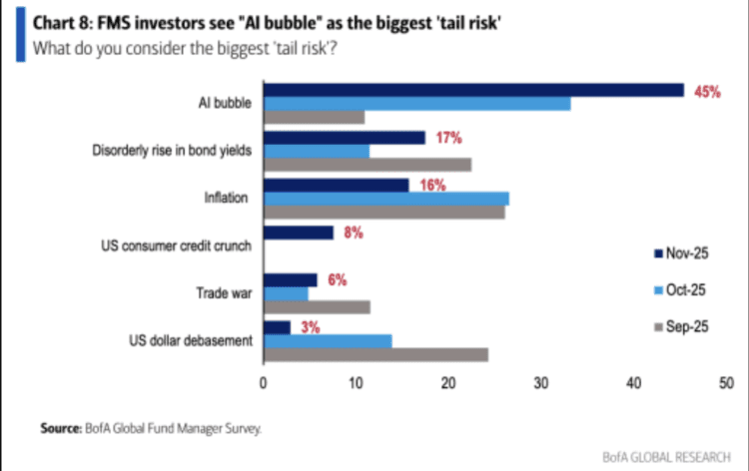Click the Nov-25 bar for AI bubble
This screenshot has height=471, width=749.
tap(472, 90)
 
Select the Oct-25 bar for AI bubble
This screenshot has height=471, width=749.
tap(415, 104)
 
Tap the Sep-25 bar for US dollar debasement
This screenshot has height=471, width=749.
tap(374, 354)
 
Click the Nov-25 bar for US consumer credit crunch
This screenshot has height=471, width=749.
tap(298, 233)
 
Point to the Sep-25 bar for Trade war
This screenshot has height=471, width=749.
tap(316, 307)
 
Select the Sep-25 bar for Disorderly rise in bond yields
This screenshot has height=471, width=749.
tap(367, 165)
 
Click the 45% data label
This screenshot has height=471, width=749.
tap(707, 91)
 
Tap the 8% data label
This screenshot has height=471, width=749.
tap(354, 233)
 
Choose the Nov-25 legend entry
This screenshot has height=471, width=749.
tap(683, 253)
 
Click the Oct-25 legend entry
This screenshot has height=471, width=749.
tap(683, 289)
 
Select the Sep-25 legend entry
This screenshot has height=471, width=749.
tap(683, 327)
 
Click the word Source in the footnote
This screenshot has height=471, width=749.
tap(59, 428)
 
